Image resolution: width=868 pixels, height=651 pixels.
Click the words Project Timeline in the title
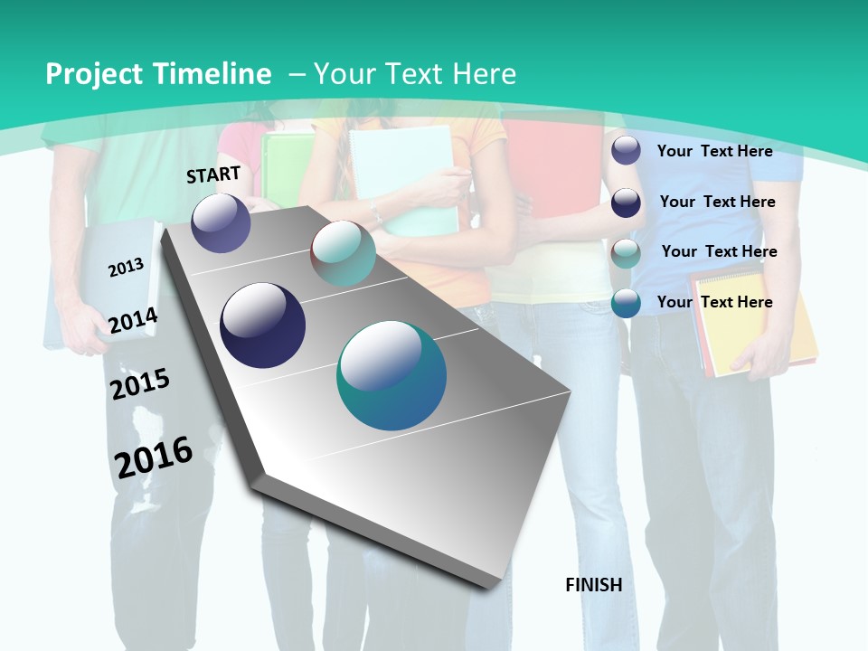click(158, 74)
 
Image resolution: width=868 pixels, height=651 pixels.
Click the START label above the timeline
click(213, 175)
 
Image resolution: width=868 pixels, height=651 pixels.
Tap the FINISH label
click(593, 585)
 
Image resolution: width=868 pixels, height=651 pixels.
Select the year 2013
click(127, 267)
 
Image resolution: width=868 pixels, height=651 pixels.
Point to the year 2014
click(133, 320)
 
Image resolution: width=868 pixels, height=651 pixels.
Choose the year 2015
click(139, 383)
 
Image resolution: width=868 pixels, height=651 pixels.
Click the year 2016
click(154, 457)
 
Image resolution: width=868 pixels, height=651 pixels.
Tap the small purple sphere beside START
click(221, 223)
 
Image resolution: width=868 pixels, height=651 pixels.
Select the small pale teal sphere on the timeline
click(343, 253)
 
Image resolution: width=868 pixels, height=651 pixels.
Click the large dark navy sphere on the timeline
click(263, 325)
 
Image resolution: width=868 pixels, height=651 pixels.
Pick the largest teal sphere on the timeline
click(392, 375)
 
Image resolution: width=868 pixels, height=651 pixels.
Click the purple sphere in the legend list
click(626, 150)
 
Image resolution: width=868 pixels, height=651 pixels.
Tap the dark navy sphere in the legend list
click(626, 203)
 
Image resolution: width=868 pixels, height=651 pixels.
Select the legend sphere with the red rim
click(626, 253)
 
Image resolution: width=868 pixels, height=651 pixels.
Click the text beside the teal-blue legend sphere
click(714, 302)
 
